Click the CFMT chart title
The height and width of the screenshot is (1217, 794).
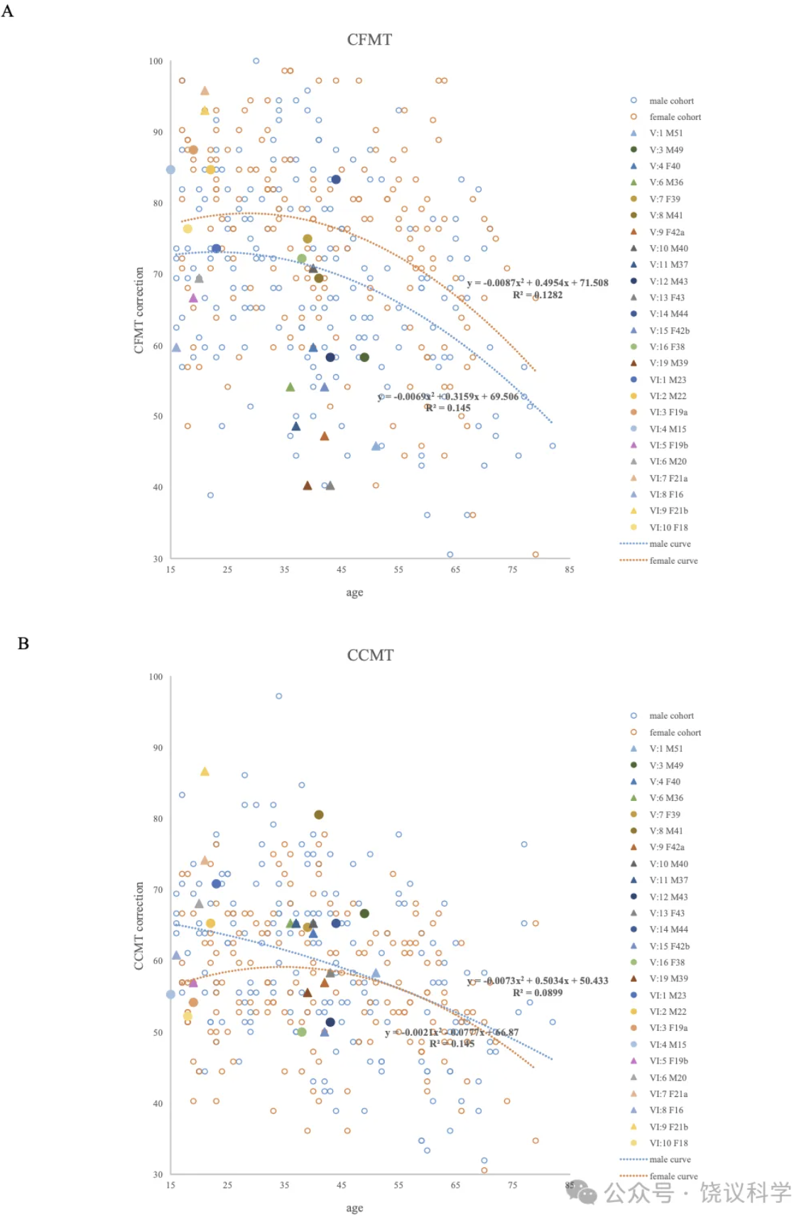(x=369, y=40)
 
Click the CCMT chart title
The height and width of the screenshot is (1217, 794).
(x=370, y=655)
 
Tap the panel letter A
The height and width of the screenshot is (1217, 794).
(x=8, y=11)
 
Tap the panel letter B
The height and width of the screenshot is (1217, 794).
(x=23, y=643)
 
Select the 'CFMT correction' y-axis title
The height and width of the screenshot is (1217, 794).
(x=139, y=310)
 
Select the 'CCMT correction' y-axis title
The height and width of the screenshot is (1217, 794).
(x=139, y=925)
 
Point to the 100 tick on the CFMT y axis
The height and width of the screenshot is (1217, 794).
(x=156, y=62)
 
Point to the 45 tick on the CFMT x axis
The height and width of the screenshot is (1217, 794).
(x=342, y=569)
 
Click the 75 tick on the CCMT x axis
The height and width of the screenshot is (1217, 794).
(x=513, y=1185)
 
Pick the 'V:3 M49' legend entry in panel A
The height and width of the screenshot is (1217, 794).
(x=665, y=150)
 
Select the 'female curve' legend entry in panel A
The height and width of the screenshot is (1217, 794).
(x=673, y=561)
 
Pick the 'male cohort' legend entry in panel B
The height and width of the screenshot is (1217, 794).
(x=671, y=716)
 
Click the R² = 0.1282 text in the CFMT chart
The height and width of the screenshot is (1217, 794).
(x=538, y=295)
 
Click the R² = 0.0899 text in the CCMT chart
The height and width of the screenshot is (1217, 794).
(x=538, y=993)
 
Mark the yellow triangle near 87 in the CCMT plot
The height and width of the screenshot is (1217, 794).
(x=205, y=772)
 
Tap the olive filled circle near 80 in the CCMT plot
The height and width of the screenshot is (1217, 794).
(x=319, y=814)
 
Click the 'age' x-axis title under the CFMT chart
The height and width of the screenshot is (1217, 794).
(x=354, y=592)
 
